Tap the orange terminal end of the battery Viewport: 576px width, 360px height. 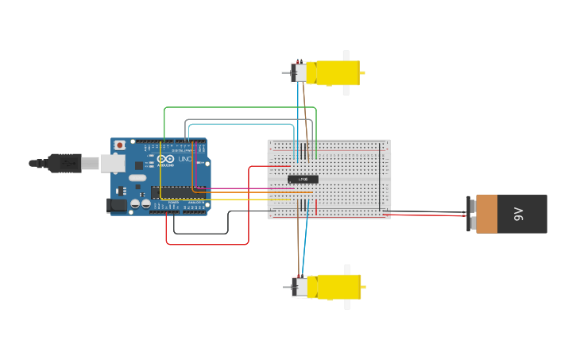(x=486, y=214)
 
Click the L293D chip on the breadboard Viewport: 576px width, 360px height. (x=303, y=180)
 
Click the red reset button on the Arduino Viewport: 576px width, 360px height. (x=120, y=145)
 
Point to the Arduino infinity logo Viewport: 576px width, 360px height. (x=165, y=159)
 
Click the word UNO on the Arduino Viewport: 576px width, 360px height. (x=184, y=159)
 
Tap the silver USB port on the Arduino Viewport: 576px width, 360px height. (x=112, y=163)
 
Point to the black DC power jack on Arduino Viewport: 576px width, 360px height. (x=117, y=205)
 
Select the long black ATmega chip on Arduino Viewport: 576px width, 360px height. (x=178, y=192)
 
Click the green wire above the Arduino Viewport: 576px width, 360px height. (x=238, y=107)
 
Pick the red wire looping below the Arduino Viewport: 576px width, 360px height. (x=207, y=244)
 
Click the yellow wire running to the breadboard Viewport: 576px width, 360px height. (x=238, y=199)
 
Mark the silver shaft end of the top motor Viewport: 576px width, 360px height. (x=285, y=73)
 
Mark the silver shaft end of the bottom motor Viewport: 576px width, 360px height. (x=285, y=287)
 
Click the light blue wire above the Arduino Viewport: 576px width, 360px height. (x=238, y=124)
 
